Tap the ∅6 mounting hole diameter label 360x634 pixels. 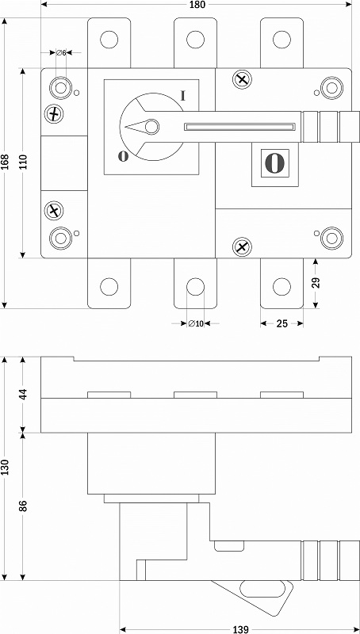coord(62,52)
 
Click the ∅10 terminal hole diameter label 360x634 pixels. coord(196,323)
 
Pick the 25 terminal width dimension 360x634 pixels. coord(282,323)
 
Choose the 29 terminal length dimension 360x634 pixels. coord(316,282)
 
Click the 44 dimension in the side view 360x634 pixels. coord(23,394)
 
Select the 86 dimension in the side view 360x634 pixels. coord(23,506)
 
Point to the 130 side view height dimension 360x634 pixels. coord(6,468)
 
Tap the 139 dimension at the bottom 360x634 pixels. coord(241,629)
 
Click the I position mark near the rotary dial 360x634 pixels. coord(183,95)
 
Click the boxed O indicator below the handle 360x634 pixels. coord(275,163)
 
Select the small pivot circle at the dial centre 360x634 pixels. coord(152,127)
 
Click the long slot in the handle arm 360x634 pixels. coord(239,127)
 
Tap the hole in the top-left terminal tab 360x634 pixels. coord(109,39)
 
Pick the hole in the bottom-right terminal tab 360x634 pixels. coord(281,286)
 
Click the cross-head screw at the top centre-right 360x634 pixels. coord(243,78)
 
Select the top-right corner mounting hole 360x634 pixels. coord(331,88)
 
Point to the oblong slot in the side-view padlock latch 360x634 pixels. coord(262,589)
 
